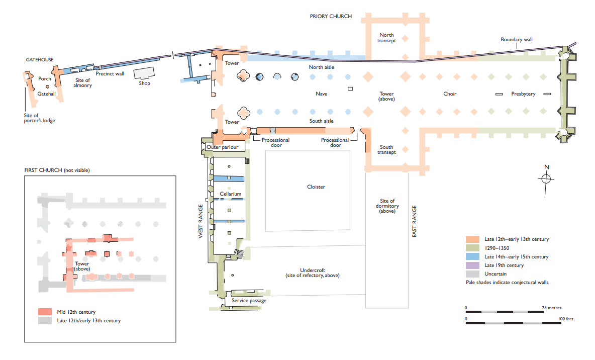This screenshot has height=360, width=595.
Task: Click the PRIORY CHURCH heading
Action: [331, 16]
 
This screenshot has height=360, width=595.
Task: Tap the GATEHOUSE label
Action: [40, 60]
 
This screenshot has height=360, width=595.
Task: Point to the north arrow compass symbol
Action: [547, 178]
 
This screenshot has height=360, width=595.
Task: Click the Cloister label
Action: [316, 187]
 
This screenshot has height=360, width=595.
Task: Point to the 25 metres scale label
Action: [552, 308]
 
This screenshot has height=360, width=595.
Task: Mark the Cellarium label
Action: [230, 194]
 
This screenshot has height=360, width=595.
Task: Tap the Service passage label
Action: [249, 301]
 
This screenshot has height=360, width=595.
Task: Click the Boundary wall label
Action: [517, 40]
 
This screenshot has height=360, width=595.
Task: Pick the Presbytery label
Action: [523, 94]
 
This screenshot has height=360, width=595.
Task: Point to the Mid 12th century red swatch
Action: [46, 312]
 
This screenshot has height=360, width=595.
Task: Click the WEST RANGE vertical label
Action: [201, 221]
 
